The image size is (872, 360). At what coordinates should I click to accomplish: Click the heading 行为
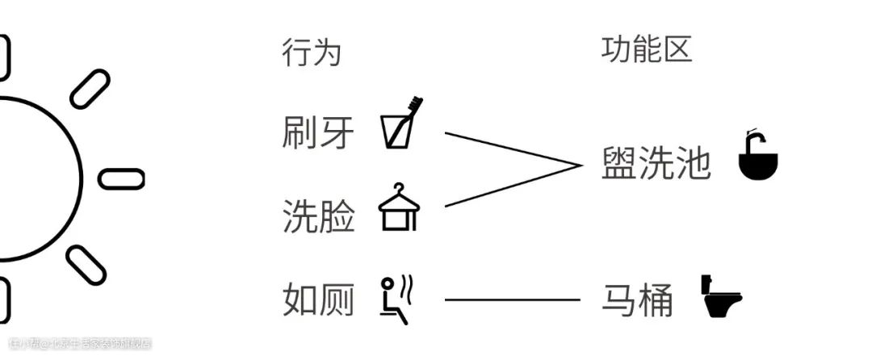tap(312, 53)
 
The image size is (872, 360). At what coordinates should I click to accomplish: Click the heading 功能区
tap(646, 50)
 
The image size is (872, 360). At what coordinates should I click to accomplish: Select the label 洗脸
tap(318, 216)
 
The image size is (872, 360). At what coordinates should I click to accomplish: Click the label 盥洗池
tap(656, 165)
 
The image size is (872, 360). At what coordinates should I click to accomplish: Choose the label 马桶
tap(637, 300)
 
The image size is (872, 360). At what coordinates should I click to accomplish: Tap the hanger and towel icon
tap(400, 207)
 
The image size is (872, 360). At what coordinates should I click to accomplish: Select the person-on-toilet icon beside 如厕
tap(397, 299)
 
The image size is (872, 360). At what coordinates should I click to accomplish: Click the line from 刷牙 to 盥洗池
tap(513, 149)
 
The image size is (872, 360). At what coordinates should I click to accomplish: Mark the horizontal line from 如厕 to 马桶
tap(512, 300)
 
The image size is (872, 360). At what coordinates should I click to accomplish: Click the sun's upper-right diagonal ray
tap(90, 88)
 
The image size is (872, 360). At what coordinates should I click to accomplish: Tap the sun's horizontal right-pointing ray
tap(121, 178)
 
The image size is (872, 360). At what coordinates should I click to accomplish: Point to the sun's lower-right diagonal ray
tap(86, 265)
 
